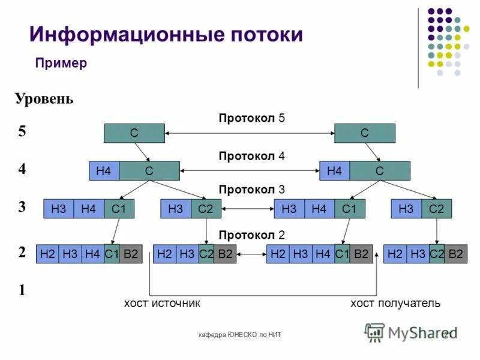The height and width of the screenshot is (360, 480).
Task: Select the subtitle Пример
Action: point(61,64)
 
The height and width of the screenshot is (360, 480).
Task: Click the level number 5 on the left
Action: point(22,133)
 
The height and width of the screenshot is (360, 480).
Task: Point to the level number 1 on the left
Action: point(22,290)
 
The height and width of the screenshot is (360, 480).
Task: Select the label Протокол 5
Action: point(251,118)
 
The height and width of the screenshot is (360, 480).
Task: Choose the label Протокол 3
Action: point(251,190)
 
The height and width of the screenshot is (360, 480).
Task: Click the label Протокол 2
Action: point(251,234)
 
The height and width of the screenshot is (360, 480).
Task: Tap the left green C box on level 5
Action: point(134,133)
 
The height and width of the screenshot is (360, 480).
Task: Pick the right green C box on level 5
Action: point(365,133)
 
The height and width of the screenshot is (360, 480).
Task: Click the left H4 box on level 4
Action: point(104,171)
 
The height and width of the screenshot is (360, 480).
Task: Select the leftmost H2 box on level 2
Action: point(47,254)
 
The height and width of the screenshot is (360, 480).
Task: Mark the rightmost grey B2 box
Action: point(456,254)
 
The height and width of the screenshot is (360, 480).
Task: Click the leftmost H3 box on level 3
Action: point(59,209)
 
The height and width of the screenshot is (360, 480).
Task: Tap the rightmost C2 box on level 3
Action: point(436,209)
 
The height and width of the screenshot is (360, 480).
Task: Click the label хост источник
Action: point(161,304)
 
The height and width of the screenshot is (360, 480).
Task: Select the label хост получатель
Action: point(395,304)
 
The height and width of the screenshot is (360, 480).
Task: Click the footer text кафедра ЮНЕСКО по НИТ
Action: point(240,334)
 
